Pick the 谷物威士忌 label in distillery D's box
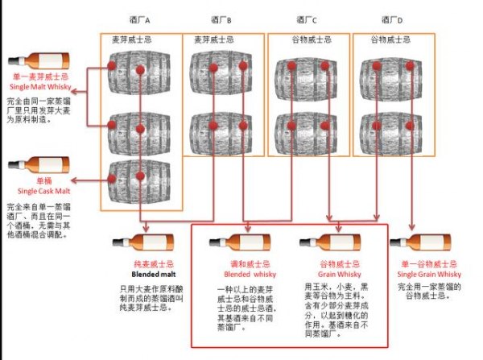click(390, 39)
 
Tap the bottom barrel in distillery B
click(220, 131)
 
